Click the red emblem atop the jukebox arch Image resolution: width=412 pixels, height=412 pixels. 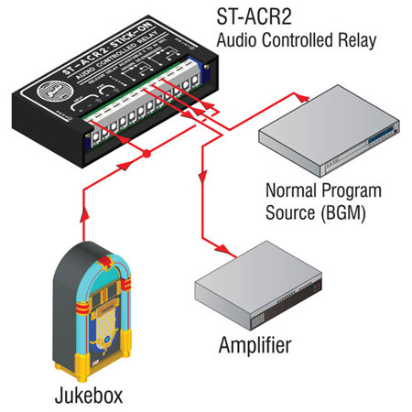(85, 249)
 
